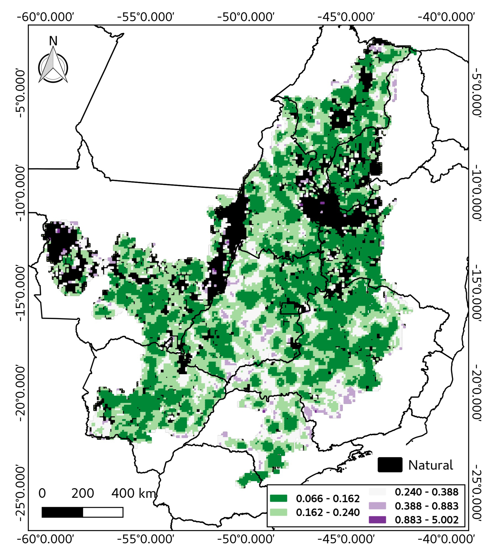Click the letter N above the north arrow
coord(53,41)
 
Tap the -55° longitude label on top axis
coord(146,17)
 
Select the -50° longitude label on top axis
coord(246,17)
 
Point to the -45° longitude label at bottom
coord(346,539)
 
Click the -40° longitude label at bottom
coord(446,539)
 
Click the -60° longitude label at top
coord(45,17)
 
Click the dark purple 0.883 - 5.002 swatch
coord(377,520)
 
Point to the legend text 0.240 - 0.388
coord(426,492)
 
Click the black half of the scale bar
coord(62,512)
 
